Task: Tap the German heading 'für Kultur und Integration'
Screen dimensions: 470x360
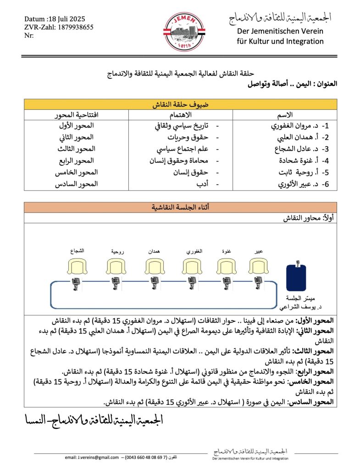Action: point(280,41)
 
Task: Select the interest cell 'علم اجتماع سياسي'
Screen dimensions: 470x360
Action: point(177,149)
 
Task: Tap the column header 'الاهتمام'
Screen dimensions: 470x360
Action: point(181,114)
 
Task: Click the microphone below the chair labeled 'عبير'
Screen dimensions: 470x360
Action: point(260,284)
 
